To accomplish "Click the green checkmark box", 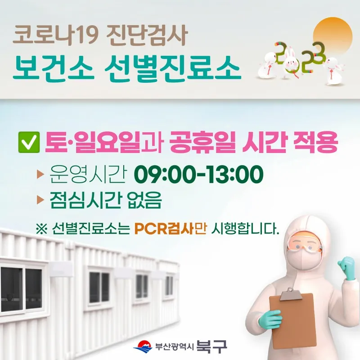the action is coord(29,142).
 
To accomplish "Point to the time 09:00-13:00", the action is coord(198,174).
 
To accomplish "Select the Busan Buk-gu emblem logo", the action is coord(143,346).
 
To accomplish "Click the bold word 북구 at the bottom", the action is coord(211,346).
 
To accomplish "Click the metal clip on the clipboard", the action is coord(290,294).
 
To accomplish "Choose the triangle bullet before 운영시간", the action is coord(40,175).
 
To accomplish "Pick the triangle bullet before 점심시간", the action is coord(40,200).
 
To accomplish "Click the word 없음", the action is coord(144,200).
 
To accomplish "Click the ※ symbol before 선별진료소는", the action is coord(41,229).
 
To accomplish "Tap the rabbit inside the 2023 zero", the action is coord(290,60).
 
